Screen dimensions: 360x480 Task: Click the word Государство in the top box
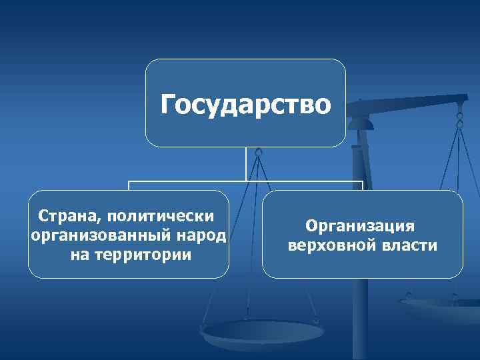[x=245, y=105]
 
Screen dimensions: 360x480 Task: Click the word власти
[x=410, y=246]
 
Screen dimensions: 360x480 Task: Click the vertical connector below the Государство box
[x=246, y=164]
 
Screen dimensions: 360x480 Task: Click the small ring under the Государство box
[x=259, y=153]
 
